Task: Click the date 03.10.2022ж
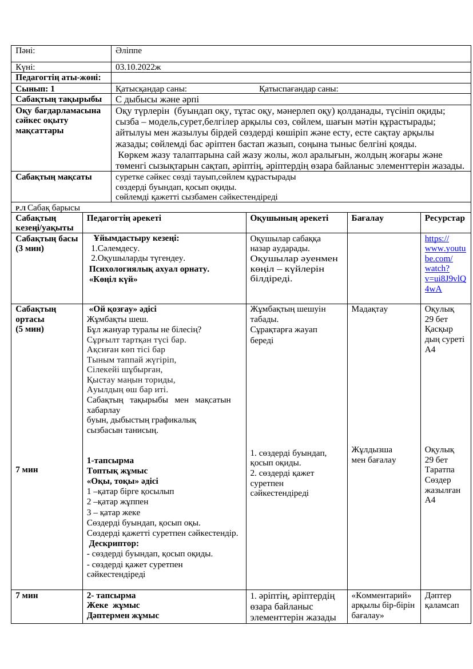[138, 67]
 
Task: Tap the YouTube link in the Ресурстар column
[445, 264]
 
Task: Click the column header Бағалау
[367, 218]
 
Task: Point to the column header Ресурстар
[444, 218]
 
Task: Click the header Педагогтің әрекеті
[124, 218]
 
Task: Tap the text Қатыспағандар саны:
[299, 89]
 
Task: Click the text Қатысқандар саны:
[151, 89]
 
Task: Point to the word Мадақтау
[369, 309]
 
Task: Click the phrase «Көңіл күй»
[113, 279]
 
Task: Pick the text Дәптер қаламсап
[442, 600]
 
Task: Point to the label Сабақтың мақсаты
[54, 177]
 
